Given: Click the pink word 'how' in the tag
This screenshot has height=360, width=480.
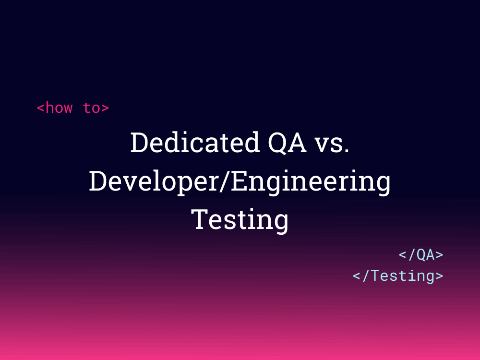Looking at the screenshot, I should [x=59, y=108].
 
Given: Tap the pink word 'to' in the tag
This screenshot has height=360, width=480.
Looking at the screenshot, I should [x=91, y=108].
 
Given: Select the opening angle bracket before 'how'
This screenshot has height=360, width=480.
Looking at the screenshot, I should [x=41, y=108].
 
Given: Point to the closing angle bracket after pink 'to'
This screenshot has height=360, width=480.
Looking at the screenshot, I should [x=105, y=108].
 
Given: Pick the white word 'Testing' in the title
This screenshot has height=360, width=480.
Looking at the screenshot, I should [x=240, y=219].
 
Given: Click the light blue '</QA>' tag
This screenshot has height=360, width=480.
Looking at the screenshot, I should [x=421, y=255].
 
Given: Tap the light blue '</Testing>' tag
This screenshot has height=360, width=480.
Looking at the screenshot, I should [x=398, y=276].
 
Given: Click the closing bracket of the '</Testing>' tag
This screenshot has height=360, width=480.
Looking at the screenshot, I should [x=439, y=276].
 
